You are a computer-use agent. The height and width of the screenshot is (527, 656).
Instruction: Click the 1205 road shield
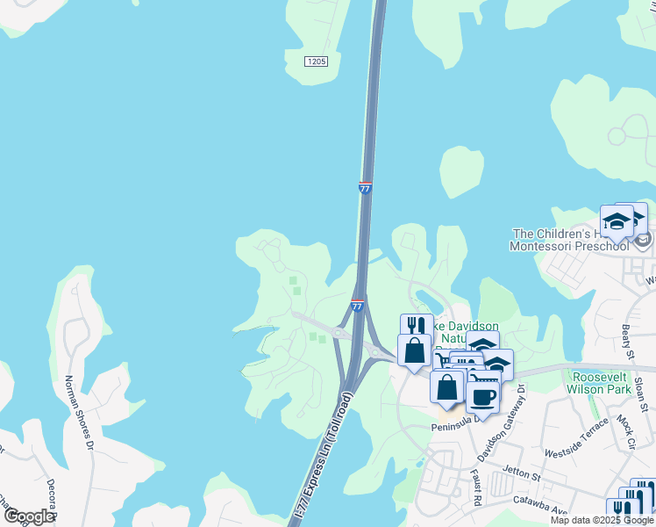click(x=317, y=61)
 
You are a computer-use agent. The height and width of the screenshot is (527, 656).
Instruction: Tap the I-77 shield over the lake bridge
click(x=365, y=187)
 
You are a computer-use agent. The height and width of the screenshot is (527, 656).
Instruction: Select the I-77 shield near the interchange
click(x=357, y=305)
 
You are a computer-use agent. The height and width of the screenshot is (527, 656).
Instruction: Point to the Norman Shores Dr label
click(x=78, y=412)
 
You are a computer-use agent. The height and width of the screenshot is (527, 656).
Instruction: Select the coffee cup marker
click(x=481, y=396)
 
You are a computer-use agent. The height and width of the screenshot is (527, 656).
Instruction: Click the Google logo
click(x=29, y=516)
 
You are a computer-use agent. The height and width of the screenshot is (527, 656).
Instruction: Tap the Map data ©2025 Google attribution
click(x=603, y=520)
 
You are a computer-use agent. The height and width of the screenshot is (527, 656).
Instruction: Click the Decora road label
click(x=52, y=495)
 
